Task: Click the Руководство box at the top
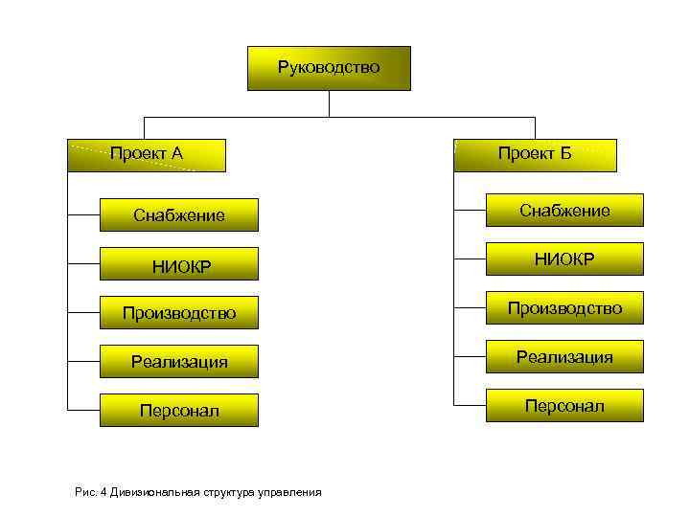click(x=329, y=68)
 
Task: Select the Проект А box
click(x=147, y=155)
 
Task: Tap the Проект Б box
click(x=535, y=155)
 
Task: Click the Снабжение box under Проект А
click(x=179, y=215)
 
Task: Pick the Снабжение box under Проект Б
click(x=564, y=211)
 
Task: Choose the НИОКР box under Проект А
click(x=179, y=265)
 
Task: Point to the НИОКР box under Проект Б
click(x=564, y=259)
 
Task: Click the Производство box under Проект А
click(x=179, y=313)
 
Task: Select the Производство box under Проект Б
click(x=564, y=308)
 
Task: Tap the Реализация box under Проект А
click(x=179, y=362)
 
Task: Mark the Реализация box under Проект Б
click(x=564, y=357)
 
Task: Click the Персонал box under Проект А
click(x=179, y=411)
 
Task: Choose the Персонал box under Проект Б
click(x=564, y=406)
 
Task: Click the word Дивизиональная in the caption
click(x=154, y=492)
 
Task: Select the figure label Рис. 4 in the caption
click(x=90, y=492)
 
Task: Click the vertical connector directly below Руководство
click(x=329, y=103)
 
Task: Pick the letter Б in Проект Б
click(x=565, y=155)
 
